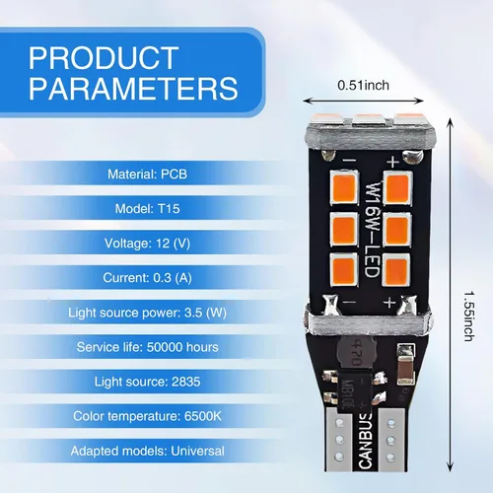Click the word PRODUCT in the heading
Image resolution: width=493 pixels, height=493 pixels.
[x=104, y=58]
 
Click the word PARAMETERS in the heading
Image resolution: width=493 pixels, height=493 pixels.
[x=133, y=88]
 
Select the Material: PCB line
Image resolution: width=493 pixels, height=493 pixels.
[x=147, y=175]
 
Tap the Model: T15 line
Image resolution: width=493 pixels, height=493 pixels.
[x=147, y=209]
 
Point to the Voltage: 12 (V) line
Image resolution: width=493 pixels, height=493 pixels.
[x=147, y=244]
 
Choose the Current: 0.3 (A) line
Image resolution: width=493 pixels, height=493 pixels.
[x=147, y=278]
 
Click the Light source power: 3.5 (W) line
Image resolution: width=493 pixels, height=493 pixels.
[x=147, y=313]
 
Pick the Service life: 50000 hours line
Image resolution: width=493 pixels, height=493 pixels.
[x=147, y=347]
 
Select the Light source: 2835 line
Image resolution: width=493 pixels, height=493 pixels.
[x=147, y=382]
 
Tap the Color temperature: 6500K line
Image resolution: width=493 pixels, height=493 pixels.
[x=147, y=416]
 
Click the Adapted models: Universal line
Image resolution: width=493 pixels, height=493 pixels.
[x=147, y=451]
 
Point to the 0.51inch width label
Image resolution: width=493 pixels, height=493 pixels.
[x=363, y=86]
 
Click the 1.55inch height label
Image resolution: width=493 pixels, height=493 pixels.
[x=469, y=316]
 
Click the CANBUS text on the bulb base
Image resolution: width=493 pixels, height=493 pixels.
[x=366, y=442]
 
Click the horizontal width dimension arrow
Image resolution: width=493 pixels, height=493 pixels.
[x=363, y=101]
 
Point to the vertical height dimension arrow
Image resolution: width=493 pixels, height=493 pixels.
[x=451, y=295]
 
